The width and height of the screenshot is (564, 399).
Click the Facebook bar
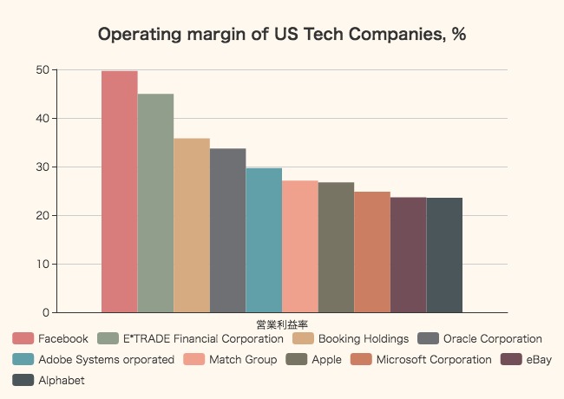coord(120,192)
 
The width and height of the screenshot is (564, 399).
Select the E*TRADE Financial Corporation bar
coord(155,203)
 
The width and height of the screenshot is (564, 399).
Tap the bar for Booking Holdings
coord(192,226)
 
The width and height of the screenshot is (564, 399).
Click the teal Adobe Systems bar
coord(264,240)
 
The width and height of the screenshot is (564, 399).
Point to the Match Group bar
coord(300,246)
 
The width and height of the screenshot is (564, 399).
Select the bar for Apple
coord(336,247)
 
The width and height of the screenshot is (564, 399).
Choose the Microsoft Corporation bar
coord(372,252)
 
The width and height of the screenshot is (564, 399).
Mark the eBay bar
coord(408,255)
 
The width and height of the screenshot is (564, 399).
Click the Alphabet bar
coord(444,255)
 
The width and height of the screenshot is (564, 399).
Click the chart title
coord(283,36)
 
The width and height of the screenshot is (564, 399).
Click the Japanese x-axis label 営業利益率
coord(282,324)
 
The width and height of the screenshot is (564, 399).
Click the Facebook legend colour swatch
coord(23,338)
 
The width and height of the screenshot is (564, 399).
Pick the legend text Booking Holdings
coord(363,338)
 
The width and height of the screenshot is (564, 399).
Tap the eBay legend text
coord(539,359)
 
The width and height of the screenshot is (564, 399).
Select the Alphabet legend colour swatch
coord(23,380)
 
